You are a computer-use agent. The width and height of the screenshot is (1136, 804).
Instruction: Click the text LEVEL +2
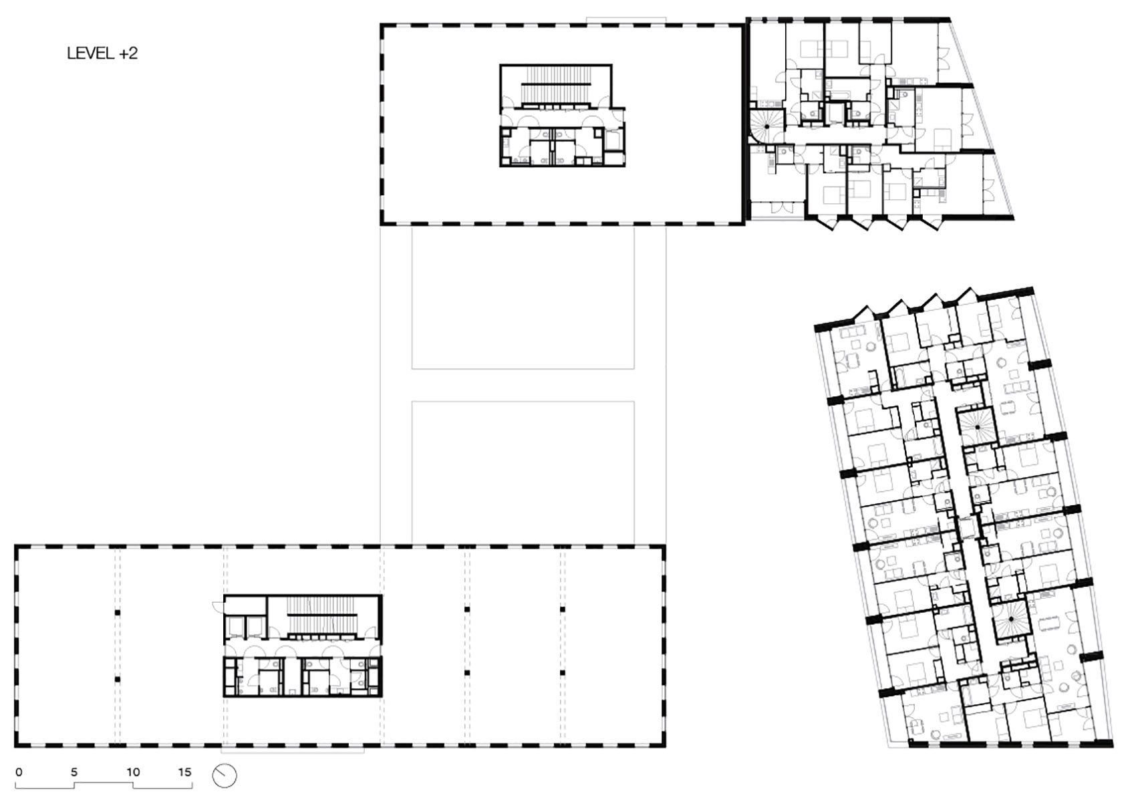(102, 53)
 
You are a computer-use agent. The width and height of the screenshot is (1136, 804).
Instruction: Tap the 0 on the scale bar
(19, 772)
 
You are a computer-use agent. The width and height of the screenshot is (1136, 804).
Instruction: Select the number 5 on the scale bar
(74, 772)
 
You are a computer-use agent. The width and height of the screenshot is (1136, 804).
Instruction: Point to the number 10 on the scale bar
(133, 772)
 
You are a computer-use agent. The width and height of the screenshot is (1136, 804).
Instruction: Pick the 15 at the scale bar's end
(185, 772)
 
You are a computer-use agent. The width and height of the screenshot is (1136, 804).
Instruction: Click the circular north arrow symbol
(225, 776)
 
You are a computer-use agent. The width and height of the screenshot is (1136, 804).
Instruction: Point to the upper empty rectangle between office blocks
(523, 297)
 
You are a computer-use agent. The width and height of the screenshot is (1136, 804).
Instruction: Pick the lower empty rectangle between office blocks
(523, 471)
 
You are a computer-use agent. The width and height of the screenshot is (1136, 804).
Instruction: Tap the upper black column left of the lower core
(117, 612)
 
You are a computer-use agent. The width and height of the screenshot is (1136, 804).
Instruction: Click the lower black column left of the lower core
(117, 680)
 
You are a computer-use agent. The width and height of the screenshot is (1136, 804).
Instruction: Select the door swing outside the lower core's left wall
(217, 607)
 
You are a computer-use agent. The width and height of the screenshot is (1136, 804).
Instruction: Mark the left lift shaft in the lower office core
(235, 627)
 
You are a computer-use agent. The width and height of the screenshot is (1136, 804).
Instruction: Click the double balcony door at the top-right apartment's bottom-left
(775, 208)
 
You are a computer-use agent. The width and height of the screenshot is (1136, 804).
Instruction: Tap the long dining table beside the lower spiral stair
(1049, 624)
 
